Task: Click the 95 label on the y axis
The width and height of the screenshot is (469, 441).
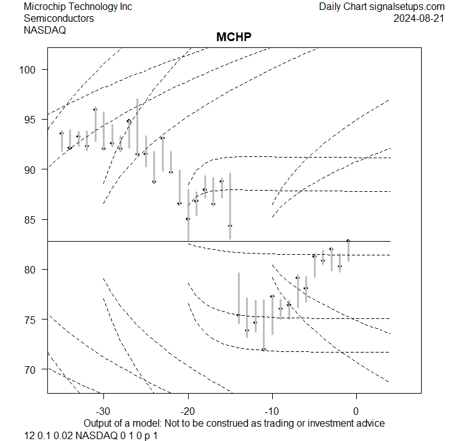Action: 35,119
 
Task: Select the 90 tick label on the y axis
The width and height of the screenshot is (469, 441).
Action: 35,169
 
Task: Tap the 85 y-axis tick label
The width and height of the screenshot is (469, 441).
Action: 35,219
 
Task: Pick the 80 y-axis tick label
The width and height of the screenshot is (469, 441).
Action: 35,269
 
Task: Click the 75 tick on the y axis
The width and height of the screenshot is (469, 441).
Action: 35,320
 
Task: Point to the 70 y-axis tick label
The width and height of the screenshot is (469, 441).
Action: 35,369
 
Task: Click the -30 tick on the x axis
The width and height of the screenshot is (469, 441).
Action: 103,411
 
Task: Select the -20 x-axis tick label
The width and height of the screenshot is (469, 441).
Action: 187,411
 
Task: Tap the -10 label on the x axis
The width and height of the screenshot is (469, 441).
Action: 272,411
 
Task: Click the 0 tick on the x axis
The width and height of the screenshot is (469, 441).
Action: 356,411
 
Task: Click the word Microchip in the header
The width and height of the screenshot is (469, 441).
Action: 44,7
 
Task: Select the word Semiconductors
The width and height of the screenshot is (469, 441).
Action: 59,18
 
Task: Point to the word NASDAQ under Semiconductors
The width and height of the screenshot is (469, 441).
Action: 45,29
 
